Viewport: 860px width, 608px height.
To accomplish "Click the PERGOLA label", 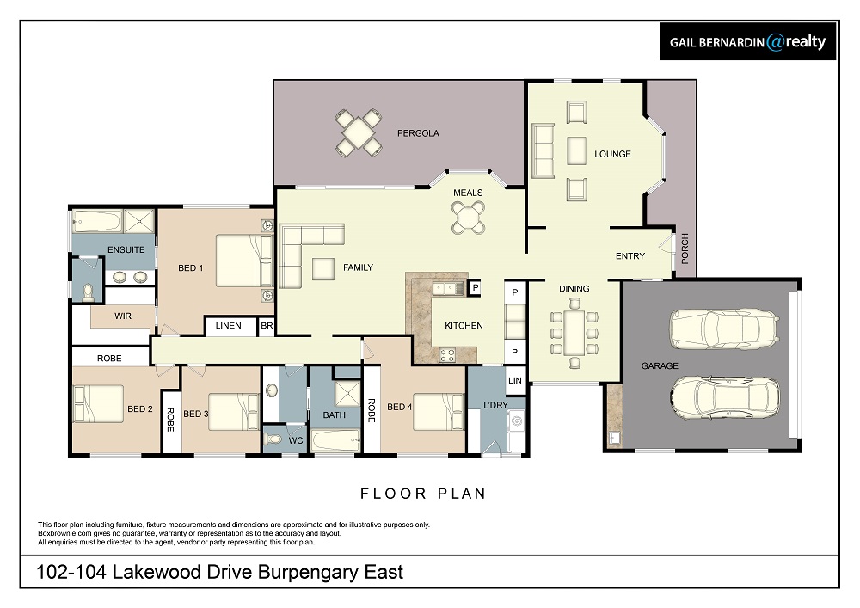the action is tap(418, 133).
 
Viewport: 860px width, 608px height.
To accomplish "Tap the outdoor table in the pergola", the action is tap(358, 133).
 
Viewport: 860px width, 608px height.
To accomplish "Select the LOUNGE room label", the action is tap(612, 154).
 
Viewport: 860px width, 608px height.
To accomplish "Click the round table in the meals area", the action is tap(468, 218).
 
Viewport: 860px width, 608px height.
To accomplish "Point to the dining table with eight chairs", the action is tap(574, 333).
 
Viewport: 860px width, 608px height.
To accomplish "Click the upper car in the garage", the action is tap(724, 329).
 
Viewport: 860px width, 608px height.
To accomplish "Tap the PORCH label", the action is tap(685, 249).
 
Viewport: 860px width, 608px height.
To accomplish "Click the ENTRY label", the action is tap(630, 256).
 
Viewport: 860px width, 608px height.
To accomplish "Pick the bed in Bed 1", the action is tap(244, 261).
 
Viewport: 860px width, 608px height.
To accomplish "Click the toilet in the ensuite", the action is tap(88, 292).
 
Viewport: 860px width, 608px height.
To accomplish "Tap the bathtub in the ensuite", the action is tap(98, 222).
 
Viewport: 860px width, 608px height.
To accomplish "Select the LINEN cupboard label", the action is tap(228, 326).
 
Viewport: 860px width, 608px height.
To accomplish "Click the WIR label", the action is tap(123, 316).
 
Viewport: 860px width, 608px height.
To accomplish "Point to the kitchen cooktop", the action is tap(447, 355).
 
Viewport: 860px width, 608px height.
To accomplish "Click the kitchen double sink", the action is tap(448, 288).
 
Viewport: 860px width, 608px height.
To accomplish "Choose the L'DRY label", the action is tap(495, 405).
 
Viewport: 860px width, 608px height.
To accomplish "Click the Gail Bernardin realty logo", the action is tap(747, 41).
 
